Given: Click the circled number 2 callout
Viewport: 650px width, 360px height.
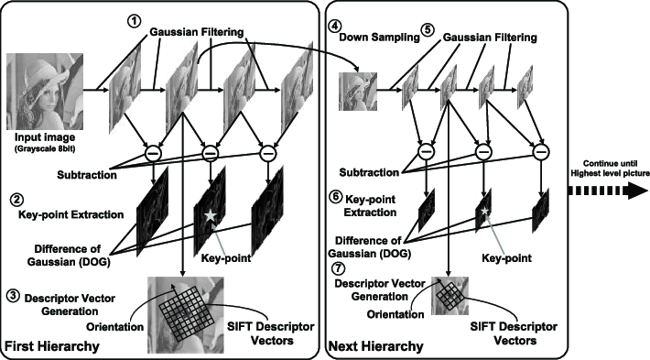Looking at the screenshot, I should click(15, 199).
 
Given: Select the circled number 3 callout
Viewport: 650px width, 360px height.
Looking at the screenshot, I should click(14, 295).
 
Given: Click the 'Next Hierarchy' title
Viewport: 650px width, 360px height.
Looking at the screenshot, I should click(376, 347).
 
